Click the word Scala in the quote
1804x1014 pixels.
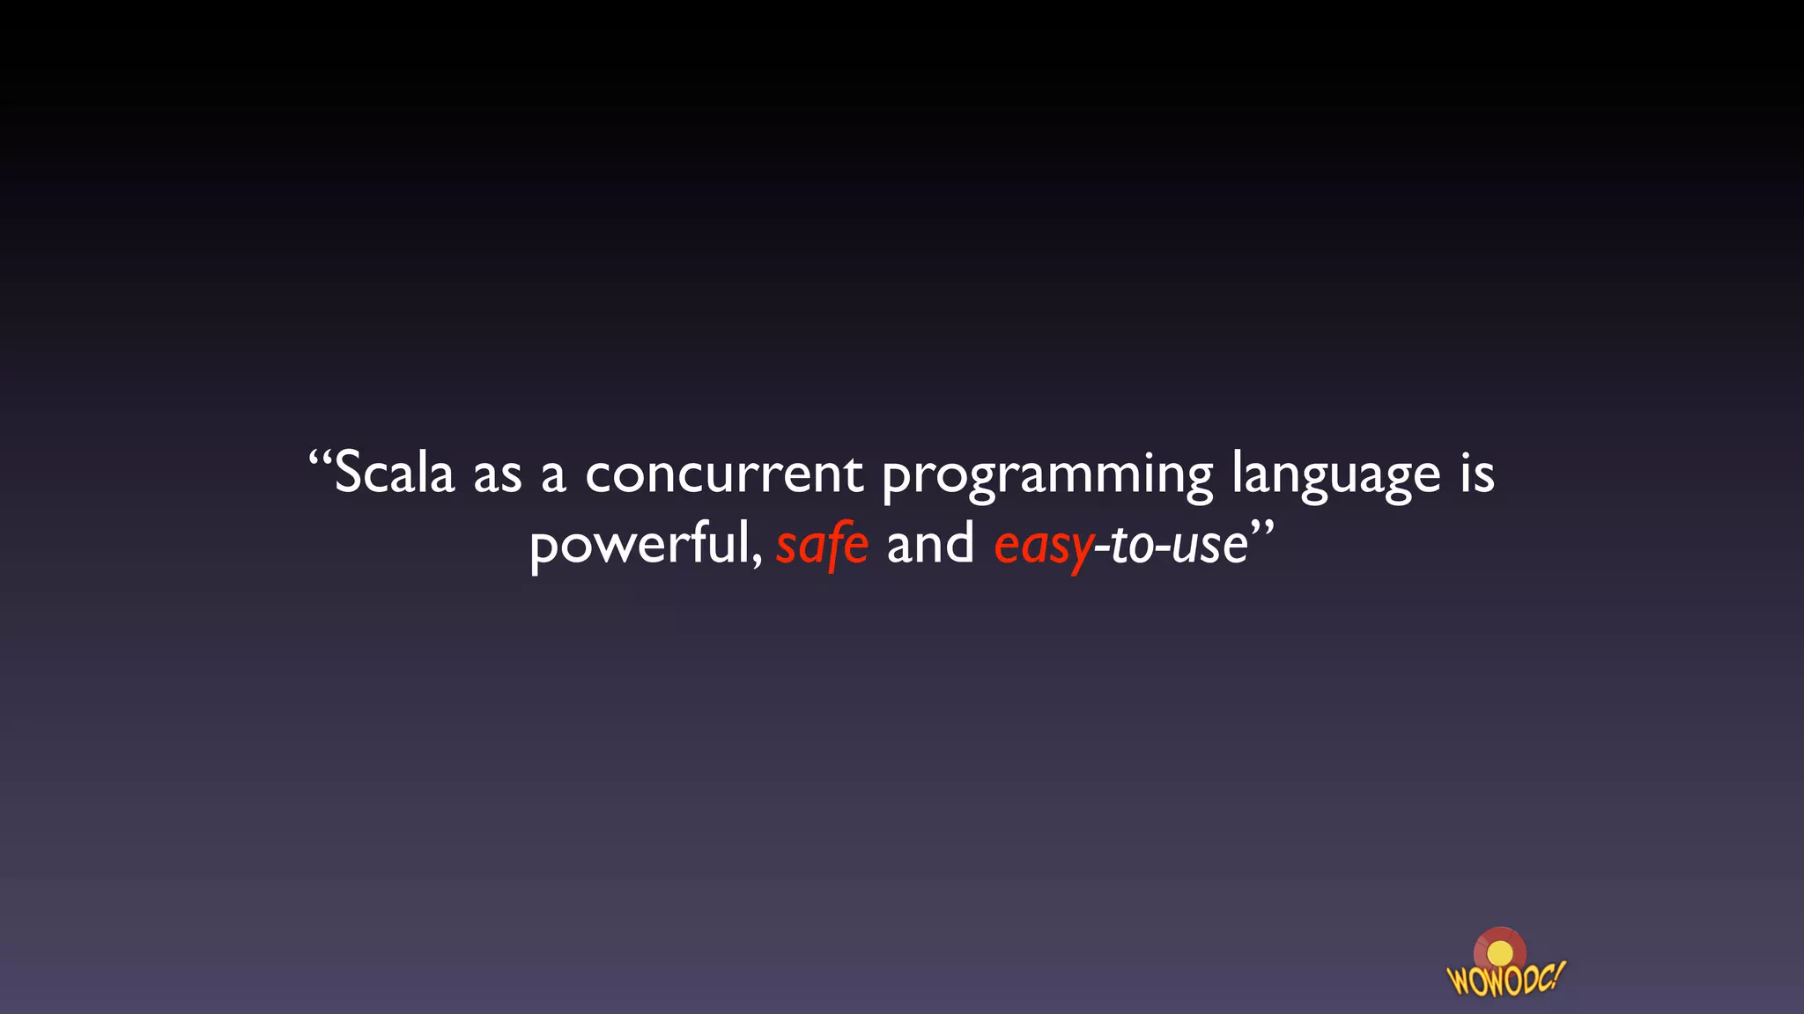click(395, 473)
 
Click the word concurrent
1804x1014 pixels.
click(723, 475)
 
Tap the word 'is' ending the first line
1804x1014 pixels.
click(1477, 473)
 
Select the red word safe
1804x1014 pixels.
click(822, 545)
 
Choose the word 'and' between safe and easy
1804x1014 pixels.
click(929, 543)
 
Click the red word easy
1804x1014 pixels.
click(1043, 547)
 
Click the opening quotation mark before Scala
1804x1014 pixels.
click(320, 459)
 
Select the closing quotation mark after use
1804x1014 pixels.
click(1262, 528)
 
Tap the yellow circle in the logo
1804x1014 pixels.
click(1499, 954)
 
